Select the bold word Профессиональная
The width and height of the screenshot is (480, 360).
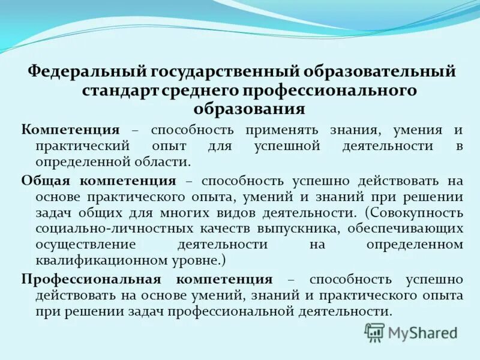click(x=91, y=279)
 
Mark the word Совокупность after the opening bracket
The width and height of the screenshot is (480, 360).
click(x=418, y=213)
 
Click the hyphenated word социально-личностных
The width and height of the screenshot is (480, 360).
click(x=97, y=229)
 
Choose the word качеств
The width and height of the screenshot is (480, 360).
click(x=227, y=229)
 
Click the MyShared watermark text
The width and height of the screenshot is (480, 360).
click(x=422, y=332)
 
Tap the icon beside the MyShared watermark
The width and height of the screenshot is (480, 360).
click(x=375, y=332)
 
